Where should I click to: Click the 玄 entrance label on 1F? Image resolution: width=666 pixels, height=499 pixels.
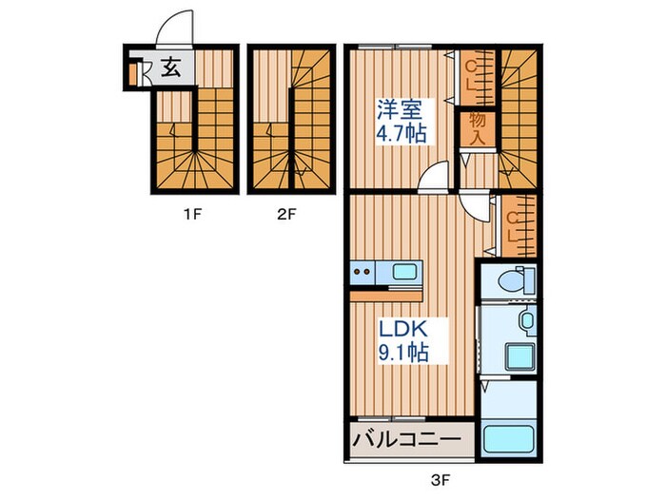click(x=169, y=68)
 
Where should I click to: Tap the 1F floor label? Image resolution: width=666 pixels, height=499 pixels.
click(x=192, y=215)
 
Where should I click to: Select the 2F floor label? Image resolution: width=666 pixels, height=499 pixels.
click(x=287, y=215)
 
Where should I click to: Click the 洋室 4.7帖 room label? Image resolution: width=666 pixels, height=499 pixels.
click(x=401, y=121)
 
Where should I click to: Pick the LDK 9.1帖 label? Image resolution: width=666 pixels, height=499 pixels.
click(x=403, y=340)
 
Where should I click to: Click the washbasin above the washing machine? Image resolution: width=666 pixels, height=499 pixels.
click(x=522, y=321)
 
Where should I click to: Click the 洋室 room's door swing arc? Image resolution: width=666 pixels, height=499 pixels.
click(x=436, y=176)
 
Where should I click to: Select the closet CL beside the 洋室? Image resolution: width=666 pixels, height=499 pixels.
click(x=474, y=76)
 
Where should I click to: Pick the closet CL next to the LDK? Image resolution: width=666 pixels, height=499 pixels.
click(x=515, y=225)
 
